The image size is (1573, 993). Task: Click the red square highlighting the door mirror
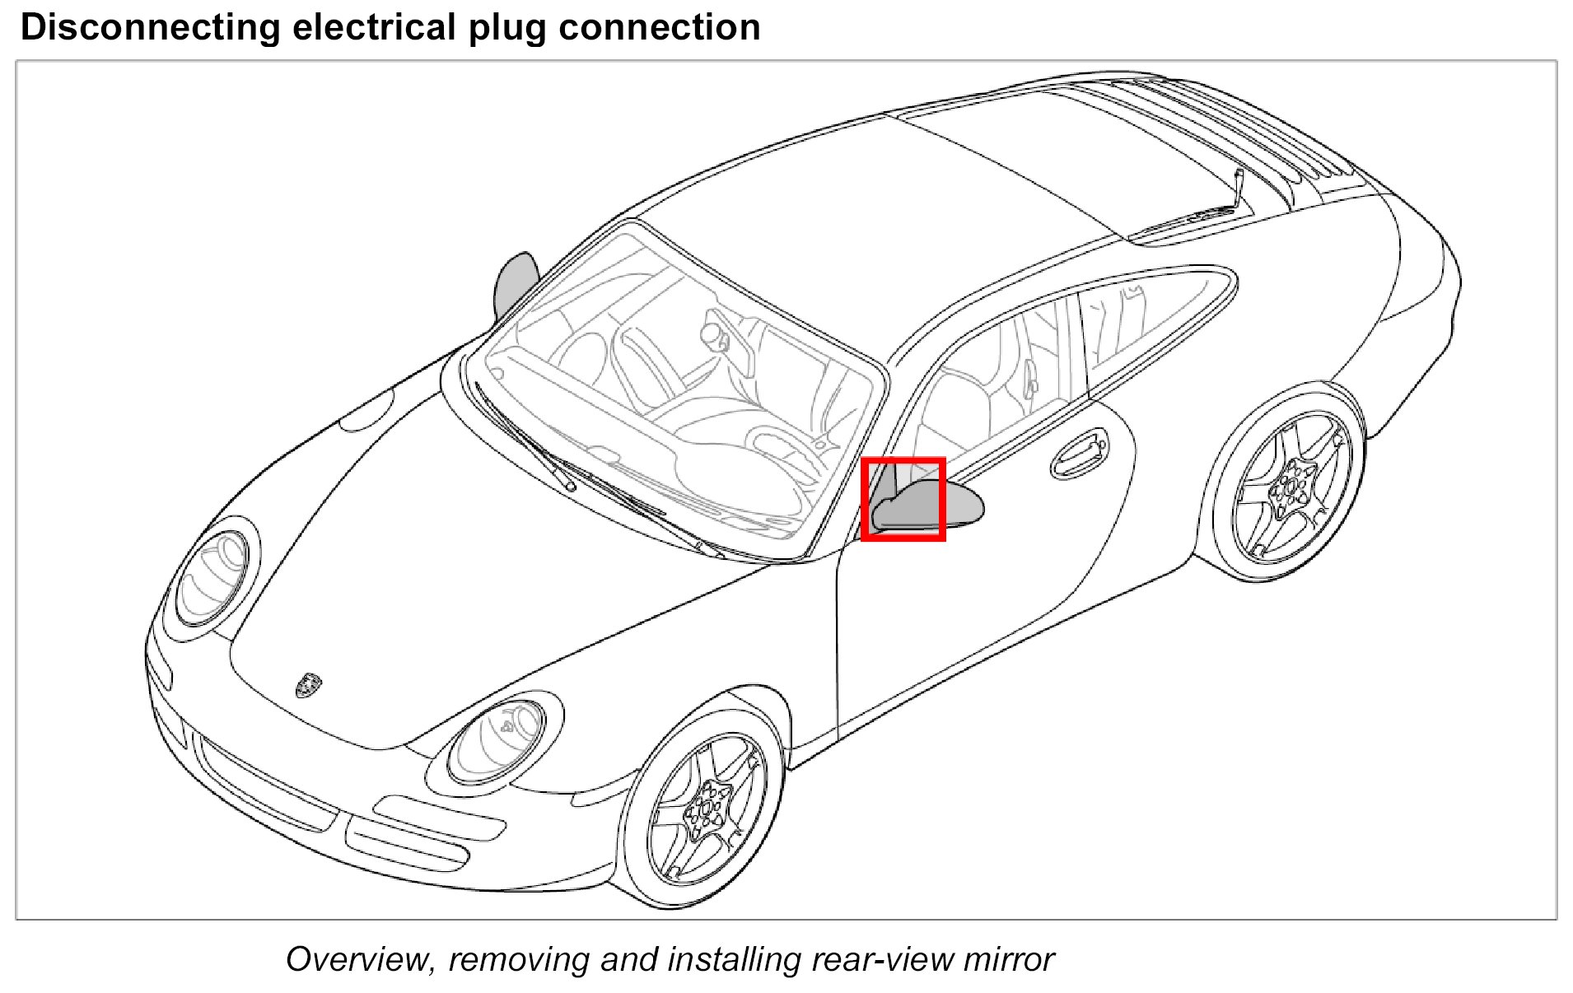tap(903, 499)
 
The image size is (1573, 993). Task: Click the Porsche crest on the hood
tap(308, 685)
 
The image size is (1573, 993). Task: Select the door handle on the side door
tap(1079, 454)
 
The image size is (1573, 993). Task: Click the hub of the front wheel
tap(706, 809)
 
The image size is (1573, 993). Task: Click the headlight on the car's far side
tap(213, 576)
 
